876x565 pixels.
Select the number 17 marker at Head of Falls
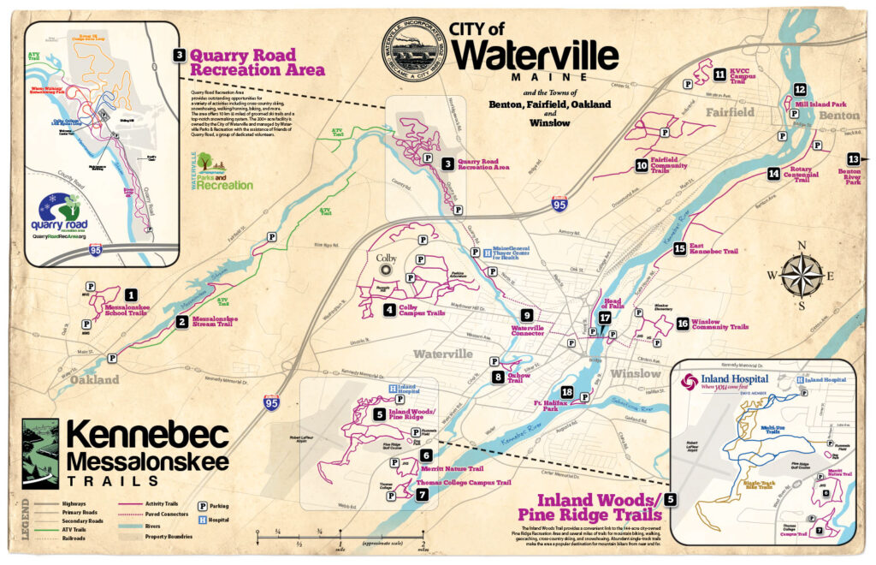point(605,318)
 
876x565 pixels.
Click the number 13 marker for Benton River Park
point(853,159)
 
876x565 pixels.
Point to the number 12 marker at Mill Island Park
point(799,89)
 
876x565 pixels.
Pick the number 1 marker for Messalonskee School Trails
point(131,295)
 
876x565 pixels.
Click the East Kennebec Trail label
point(713,251)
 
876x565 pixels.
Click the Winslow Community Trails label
point(719,326)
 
